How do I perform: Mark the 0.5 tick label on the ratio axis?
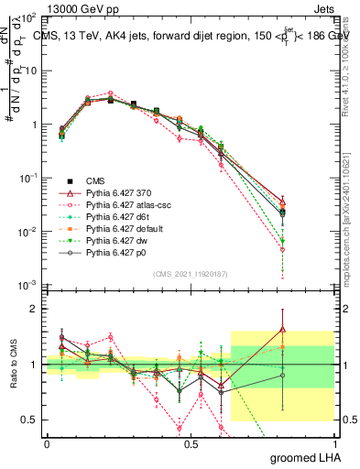point(28,420)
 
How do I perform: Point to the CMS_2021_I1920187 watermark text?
point(190,273)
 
